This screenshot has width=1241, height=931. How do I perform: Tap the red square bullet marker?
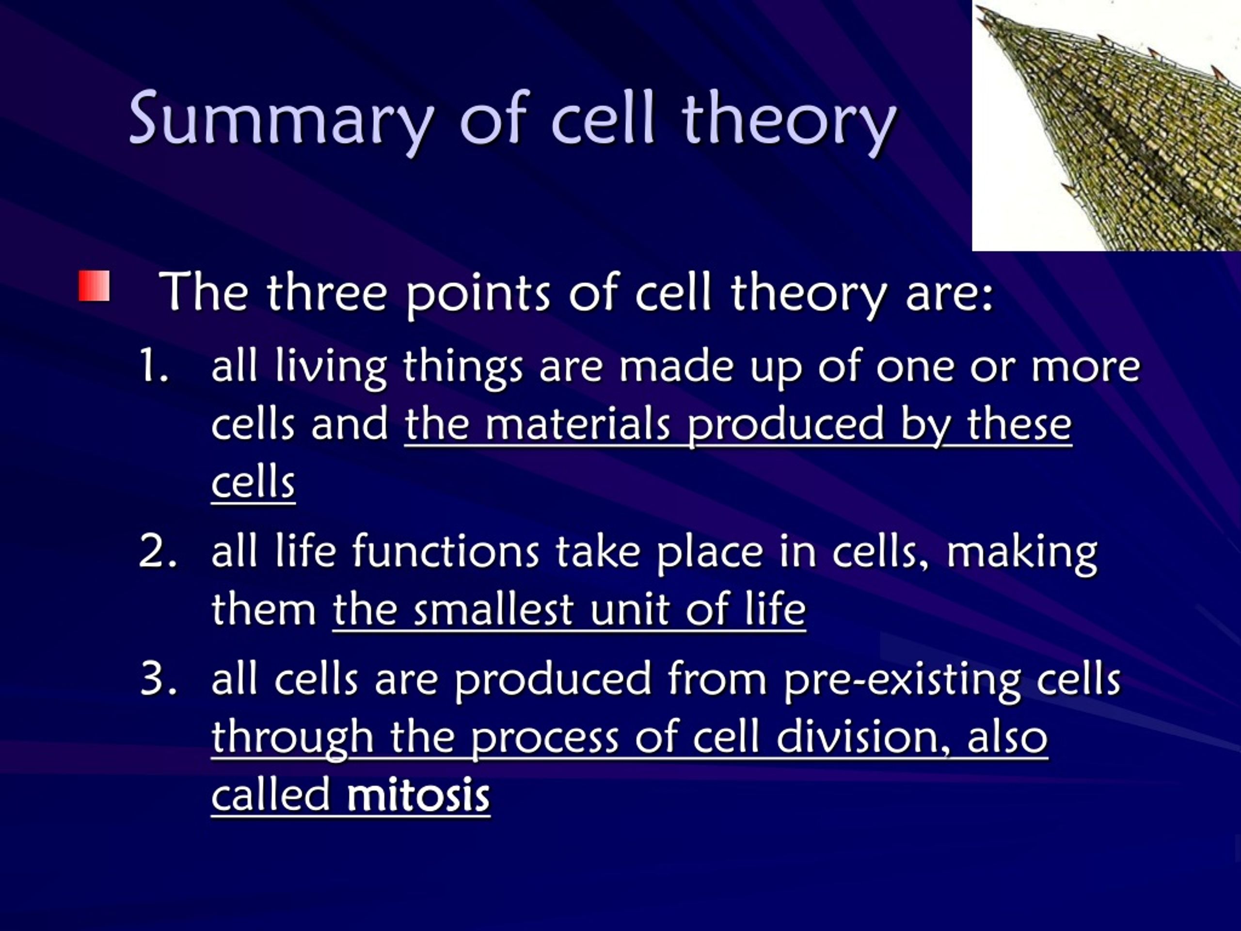(x=94, y=286)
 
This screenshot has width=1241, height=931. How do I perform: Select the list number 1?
(x=154, y=366)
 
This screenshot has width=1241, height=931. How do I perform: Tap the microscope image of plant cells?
(x=1106, y=126)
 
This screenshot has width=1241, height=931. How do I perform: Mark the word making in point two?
(x=1021, y=554)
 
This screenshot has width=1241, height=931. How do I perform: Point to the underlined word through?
(x=292, y=739)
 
